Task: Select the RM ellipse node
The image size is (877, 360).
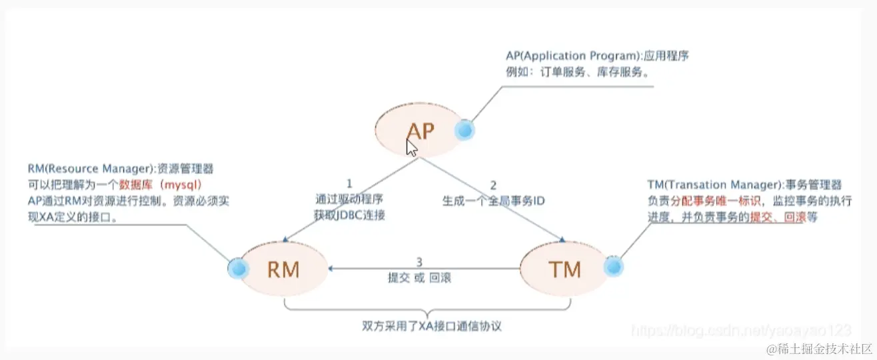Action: [x=283, y=269]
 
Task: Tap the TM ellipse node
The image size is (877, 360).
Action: [x=564, y=269]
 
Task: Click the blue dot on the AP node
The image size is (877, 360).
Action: [x=464, y=130]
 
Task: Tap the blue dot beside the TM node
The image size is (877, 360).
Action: [x=613, y=267]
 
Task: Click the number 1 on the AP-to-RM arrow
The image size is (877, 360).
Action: [x=348, y=183]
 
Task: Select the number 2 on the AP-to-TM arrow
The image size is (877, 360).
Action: [x=493, y=184]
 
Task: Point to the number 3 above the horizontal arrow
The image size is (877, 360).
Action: [x=419, y=262]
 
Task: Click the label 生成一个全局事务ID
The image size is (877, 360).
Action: [x=494, y=199]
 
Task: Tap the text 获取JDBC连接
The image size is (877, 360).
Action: [x=349, y=214]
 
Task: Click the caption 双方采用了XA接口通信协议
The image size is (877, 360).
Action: [x=428, y=327]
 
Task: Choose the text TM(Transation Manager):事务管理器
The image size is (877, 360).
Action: [x=744, y=184]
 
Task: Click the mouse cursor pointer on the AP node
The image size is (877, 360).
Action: [x=412, y=147]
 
